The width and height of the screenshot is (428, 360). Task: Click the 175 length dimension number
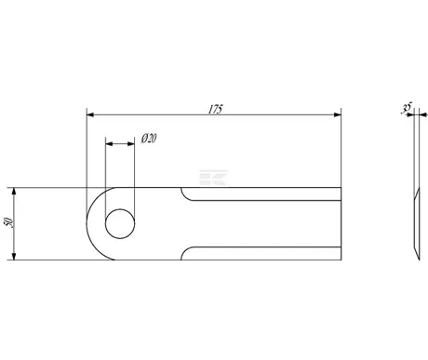(215, 109)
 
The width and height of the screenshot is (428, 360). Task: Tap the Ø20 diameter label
(149, 139)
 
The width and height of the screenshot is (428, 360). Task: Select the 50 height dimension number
(9, 222)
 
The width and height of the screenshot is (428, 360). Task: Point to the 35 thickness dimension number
(407, 108)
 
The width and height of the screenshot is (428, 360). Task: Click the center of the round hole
(120, 223)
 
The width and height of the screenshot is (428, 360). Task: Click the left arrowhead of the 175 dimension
(90, 114)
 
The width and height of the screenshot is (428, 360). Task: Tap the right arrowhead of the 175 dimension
(338, 114)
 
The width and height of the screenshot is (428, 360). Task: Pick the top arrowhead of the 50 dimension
(14, 192)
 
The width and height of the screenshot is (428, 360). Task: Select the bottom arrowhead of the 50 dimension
(14, 256)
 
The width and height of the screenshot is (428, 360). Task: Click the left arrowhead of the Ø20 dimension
(109, 144)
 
